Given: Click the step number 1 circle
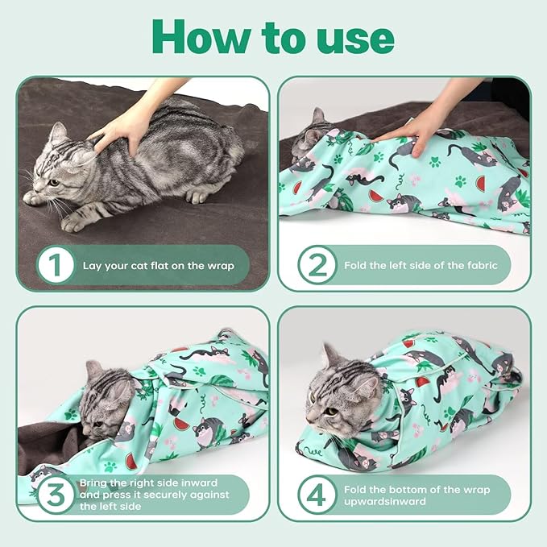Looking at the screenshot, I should [x=56, y=265].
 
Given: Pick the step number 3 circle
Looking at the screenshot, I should [x=56, y=494].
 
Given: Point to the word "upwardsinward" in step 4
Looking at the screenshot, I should [x=383, y=501].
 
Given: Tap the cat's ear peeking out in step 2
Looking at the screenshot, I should [x=317, y=118].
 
